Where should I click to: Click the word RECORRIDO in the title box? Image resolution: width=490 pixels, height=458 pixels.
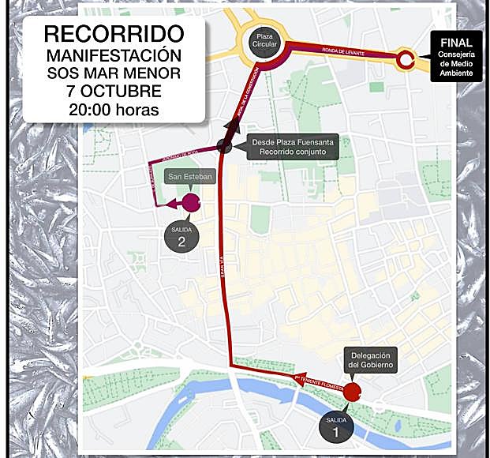(x=114, y=34)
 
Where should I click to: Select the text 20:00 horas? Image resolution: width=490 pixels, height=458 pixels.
(x=114, y=110)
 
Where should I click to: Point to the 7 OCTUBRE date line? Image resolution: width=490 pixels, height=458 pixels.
(x=114, y=92)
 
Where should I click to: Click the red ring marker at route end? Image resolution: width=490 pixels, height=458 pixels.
(x=406, y=59)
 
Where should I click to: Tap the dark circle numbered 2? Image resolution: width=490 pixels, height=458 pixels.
(x=181, y=238)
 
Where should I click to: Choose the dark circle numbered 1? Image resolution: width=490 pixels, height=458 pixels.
(x=336, y=427)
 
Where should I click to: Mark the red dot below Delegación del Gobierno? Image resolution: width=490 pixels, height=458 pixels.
(x=352, y=391)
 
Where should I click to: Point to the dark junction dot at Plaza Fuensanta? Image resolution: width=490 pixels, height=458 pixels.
(x=225, y=145)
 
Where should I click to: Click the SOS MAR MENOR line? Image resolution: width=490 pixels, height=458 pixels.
(x=114, y=73)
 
